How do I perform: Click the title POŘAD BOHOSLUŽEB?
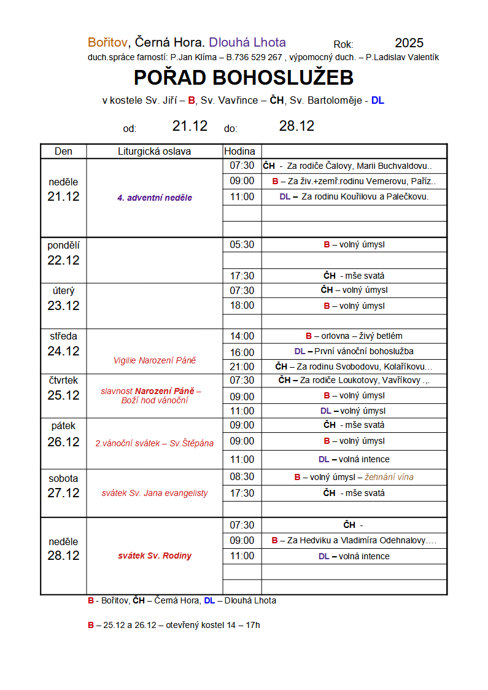coord(244,78)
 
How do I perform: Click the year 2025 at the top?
coord(409,43)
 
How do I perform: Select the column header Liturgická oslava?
coord(154,152)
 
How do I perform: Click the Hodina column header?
coord(239,152)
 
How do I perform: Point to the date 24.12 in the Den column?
coord(63,351)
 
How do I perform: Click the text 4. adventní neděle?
coord(155,198)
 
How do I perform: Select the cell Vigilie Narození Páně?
coord(155,360)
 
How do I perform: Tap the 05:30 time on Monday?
coord(242,245)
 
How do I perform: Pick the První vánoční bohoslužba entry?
coord(363,352)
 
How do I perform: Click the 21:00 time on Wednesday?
coord(242,366)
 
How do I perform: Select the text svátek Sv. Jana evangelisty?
coord(155,493)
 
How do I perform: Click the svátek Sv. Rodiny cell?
coord(155,556)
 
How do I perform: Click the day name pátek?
coord(63,425)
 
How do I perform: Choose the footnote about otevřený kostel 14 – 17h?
coord(174,625)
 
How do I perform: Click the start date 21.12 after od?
coord(190,126)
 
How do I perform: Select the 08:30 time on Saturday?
coord(242,477)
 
